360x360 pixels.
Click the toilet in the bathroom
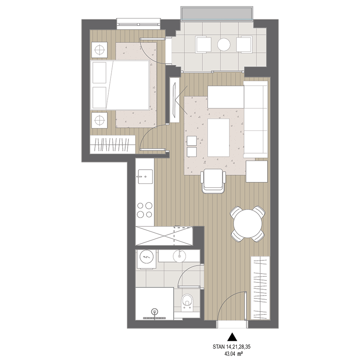[187, 303]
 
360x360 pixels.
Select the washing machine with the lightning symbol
[146, 258]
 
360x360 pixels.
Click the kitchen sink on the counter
[145, 176]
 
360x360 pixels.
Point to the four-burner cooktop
[145, 210]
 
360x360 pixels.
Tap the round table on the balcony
[224, 44]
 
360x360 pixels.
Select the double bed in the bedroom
[120, 85]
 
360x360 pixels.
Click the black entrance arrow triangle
[232, 336]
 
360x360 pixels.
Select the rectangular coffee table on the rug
[218, 138]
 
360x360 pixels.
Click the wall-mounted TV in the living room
[174, 100]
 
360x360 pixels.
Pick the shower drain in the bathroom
[154, 312]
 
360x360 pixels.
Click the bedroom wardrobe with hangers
[112, 144]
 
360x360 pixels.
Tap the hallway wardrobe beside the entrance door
[260, 288]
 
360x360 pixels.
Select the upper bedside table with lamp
[100, 50]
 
